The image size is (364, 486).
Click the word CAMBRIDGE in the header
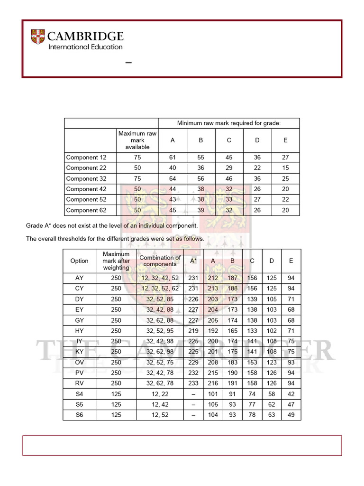tap(86, 36)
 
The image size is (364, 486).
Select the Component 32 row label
tap(86, 178)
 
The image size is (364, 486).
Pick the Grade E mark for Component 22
tap(285, 168)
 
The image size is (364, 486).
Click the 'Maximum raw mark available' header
tap(137, 140)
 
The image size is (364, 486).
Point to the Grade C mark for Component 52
tap(229, 199)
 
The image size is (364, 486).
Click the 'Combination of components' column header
tap(160, 261)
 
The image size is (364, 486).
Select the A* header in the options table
tap(193, 261)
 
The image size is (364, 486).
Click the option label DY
tap(79, 299)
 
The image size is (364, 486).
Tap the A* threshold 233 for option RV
tap(193, 383)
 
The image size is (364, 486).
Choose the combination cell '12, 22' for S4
tap(160, 394)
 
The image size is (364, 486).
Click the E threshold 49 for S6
tap(291, 415)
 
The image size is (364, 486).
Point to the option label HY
tap(79, 331)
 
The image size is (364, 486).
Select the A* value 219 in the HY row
tap(193, 331)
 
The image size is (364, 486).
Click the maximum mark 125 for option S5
tap(116, 404)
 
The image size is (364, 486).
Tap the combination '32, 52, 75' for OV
tap(160, 362)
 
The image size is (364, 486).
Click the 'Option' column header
tap(79, 261)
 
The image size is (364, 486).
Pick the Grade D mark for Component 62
tap(257, 210)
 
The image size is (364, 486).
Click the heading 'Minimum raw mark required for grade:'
tap(229, 123)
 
